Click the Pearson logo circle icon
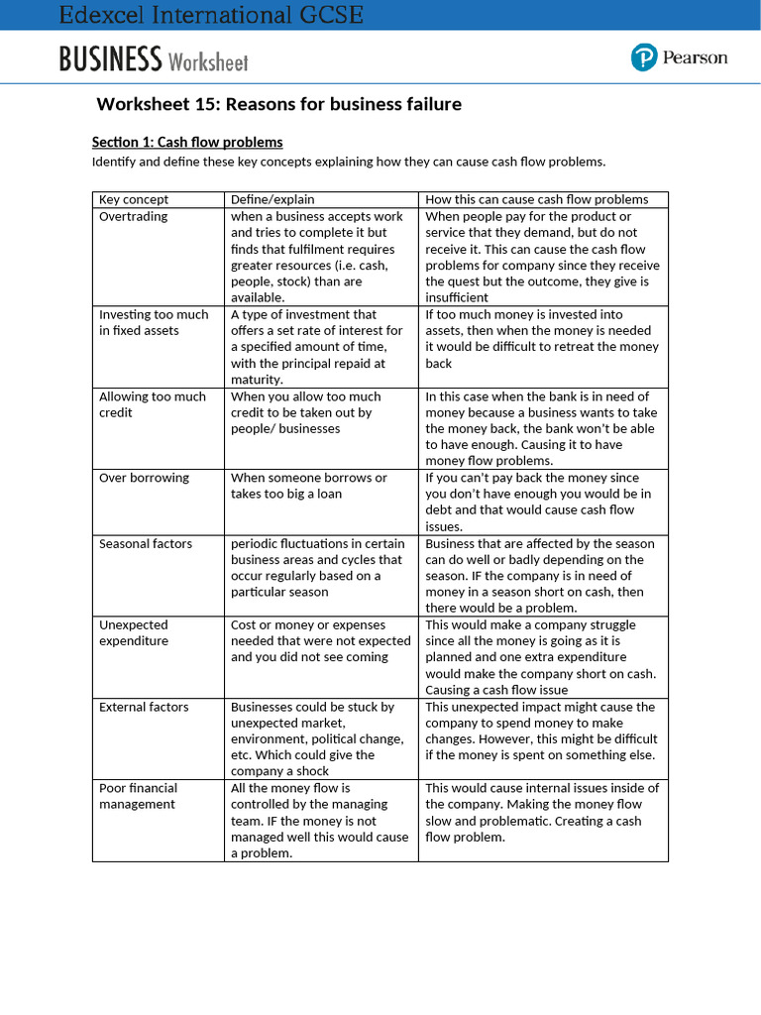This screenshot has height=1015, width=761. coord(644,57)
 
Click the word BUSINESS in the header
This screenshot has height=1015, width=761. coord(110,60)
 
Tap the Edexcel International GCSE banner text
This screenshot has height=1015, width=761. coord(211,15)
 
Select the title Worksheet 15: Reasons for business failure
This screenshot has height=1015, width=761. coord(278,104)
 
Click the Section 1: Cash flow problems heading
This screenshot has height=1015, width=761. coord(187,142)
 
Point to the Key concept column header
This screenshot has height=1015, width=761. coord(134,199)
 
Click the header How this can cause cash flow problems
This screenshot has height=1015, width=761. coord(537,199)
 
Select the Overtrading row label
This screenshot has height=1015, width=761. coord(134,216)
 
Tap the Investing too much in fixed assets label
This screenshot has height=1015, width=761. coord(154,322)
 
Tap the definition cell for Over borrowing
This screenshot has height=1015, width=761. coord(309,486)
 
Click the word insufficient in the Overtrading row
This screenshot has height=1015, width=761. coord(457,297)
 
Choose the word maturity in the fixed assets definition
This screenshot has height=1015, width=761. coord(257,380)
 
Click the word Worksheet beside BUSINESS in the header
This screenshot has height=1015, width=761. coord(208,62)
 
